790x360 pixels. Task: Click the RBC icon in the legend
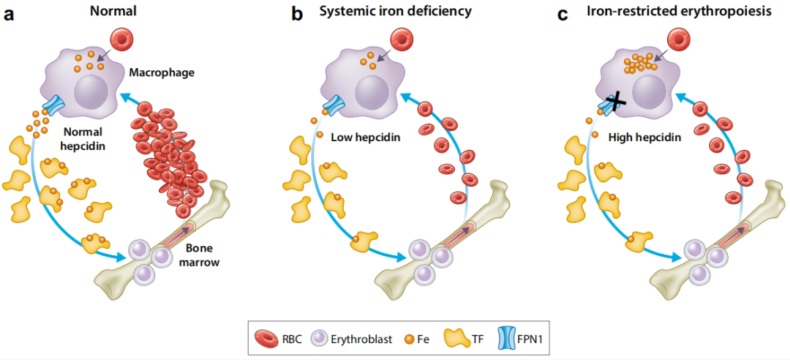pyautogui.click(x=265, y=339)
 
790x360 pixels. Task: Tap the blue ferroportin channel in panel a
pyautogui.click(x=53, y=104)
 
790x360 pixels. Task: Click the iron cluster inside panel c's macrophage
pyautogui.click(x=639, y=64)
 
